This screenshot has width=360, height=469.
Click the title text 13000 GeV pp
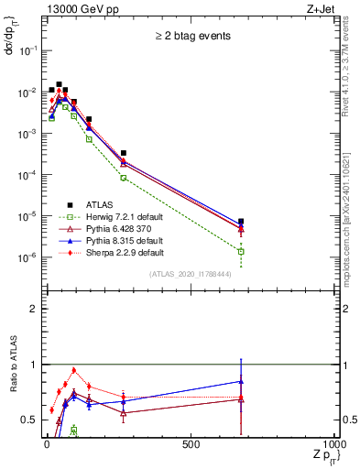coord(78,10)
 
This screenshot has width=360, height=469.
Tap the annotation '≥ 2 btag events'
coord(191,37)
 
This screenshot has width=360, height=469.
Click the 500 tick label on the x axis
coord(191,444)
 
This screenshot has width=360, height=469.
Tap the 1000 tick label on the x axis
coord(335,444)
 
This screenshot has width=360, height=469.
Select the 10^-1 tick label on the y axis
coord(29,50)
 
